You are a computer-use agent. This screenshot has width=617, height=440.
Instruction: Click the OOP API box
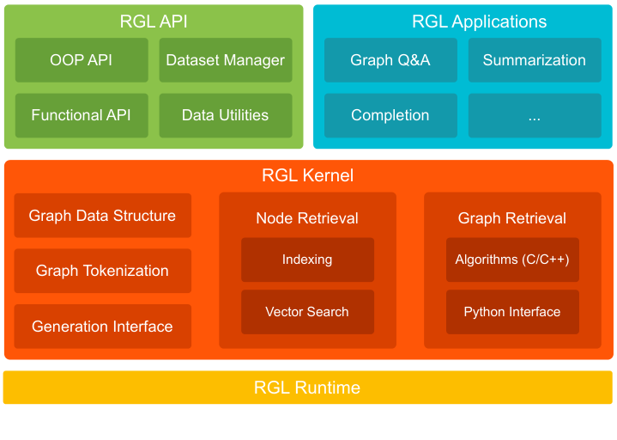tap(82, 60)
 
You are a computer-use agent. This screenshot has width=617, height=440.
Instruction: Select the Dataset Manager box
tap(225, 60)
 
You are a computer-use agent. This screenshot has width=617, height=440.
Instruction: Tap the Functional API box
tap(82, 115)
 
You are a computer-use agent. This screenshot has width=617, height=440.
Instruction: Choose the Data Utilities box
tap(225, 115)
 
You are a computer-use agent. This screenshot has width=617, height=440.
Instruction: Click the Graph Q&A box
tap(390, 60)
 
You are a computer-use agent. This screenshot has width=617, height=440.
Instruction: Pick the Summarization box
tap(534, 60)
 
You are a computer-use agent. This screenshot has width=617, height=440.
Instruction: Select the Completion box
tap(390, 115)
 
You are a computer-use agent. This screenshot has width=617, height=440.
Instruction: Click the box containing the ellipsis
tap(534, 115)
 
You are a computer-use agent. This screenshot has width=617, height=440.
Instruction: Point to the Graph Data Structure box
tap(102, 216)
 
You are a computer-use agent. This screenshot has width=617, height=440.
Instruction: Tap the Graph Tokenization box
tap(102, 271)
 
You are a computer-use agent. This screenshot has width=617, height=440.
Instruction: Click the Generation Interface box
tap(102, 327)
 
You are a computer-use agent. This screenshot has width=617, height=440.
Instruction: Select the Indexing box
tap(307, 260)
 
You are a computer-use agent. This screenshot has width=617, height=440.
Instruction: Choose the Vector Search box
tap(307, 312)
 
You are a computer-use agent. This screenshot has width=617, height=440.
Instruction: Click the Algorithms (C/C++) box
tap(512, 260)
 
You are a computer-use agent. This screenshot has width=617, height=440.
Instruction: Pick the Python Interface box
tap(512, 312)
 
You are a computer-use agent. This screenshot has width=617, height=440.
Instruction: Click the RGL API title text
tap(154, 21)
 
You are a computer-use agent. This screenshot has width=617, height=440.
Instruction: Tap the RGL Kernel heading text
tap(307, 176)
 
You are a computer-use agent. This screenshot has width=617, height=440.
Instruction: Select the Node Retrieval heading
tap(307, 218)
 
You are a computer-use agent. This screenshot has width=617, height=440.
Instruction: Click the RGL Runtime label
tap(307, 388)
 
